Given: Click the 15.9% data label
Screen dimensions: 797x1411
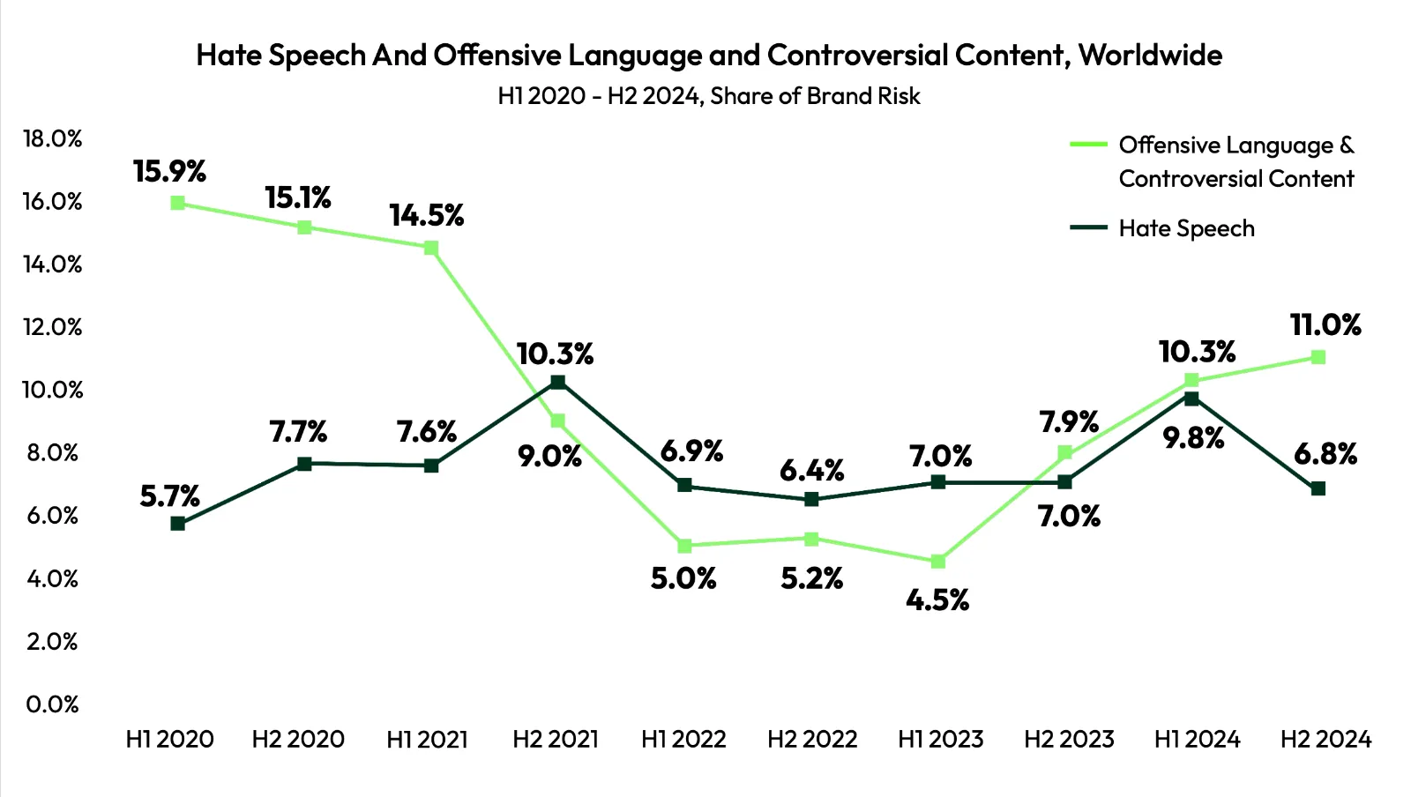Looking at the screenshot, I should [169, 171].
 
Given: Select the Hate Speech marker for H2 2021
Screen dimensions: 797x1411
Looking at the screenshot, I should [557, 382].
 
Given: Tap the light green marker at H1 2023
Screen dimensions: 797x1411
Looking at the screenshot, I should [938, 562].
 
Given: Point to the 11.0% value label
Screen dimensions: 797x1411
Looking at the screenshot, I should [1325, 325].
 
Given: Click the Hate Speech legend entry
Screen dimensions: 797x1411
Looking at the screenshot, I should [1185, 228].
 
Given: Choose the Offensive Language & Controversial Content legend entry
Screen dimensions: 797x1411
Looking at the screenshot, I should [1236, 161].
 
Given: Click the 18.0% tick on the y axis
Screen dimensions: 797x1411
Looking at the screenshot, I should [53, 138].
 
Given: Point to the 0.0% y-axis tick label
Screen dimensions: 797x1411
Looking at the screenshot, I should [53, 704].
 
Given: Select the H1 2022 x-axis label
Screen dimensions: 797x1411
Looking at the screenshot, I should [683, 739].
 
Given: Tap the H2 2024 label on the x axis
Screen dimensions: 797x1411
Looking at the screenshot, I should [1325, 739].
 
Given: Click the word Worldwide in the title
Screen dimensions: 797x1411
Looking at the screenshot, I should [1150, 56].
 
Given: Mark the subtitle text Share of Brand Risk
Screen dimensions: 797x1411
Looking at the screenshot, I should [815, 96].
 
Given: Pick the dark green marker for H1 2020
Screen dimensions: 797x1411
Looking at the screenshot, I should [177, 524].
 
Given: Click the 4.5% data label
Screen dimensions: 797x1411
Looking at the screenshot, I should [937, 600].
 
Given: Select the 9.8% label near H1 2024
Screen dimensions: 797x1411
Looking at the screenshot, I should [1193, 437].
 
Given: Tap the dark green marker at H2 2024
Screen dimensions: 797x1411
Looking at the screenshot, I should [1318, 488].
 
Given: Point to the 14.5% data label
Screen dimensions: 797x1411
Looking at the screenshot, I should [427, 215].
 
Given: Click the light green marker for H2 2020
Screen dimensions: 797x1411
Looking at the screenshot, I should [304, 227].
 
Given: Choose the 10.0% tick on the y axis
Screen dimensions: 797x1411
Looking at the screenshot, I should [53, 390].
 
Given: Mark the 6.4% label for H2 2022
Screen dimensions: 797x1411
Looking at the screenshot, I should [811, 471].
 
